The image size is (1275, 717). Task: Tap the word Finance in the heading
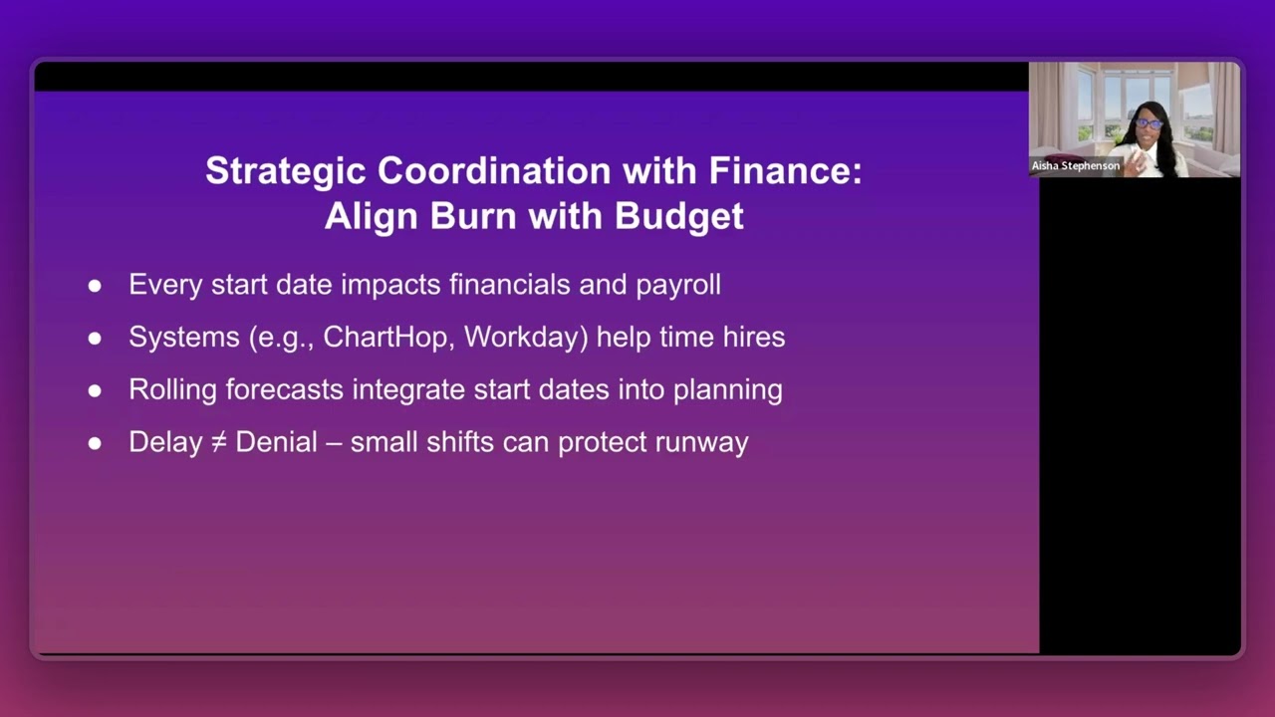(785, 171)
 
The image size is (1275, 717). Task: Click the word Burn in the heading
(471, 216)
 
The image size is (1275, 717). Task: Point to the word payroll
(677, 285)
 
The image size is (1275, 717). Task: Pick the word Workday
(526, 337)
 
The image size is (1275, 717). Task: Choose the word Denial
(276, 442)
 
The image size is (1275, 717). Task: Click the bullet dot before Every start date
(95, 286)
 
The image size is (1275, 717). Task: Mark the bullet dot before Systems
(95, 338)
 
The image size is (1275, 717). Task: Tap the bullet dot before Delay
(95, 443)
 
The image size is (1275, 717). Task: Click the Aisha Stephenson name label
(1076, 166)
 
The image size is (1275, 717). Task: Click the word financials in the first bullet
(510, 285)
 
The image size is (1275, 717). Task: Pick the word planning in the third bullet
(727, 389)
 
